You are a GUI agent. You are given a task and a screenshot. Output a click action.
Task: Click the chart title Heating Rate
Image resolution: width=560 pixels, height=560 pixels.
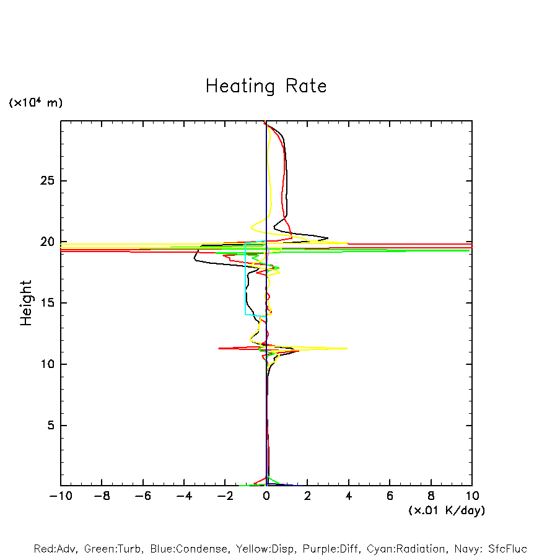click(266, 86)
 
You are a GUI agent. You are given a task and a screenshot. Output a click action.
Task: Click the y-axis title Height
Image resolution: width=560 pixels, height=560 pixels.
click(26, 303)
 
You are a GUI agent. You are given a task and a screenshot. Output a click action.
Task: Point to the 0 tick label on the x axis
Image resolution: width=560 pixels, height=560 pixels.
click(266, 496)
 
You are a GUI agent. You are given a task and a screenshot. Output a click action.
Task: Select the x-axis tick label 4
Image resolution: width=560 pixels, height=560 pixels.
click(349, 496)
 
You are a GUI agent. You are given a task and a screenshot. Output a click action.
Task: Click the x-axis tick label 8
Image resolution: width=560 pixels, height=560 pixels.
click(431, 496)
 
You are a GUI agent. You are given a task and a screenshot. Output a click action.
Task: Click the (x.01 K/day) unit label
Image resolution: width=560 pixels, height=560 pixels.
click(446, 510)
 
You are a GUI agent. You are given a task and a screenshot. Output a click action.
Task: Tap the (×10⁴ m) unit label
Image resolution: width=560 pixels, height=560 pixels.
click(35, 103)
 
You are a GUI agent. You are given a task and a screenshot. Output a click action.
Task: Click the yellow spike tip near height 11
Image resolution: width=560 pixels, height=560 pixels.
click(346, 348)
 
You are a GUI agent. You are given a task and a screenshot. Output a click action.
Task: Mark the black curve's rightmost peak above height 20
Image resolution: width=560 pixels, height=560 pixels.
click(328, 237)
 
